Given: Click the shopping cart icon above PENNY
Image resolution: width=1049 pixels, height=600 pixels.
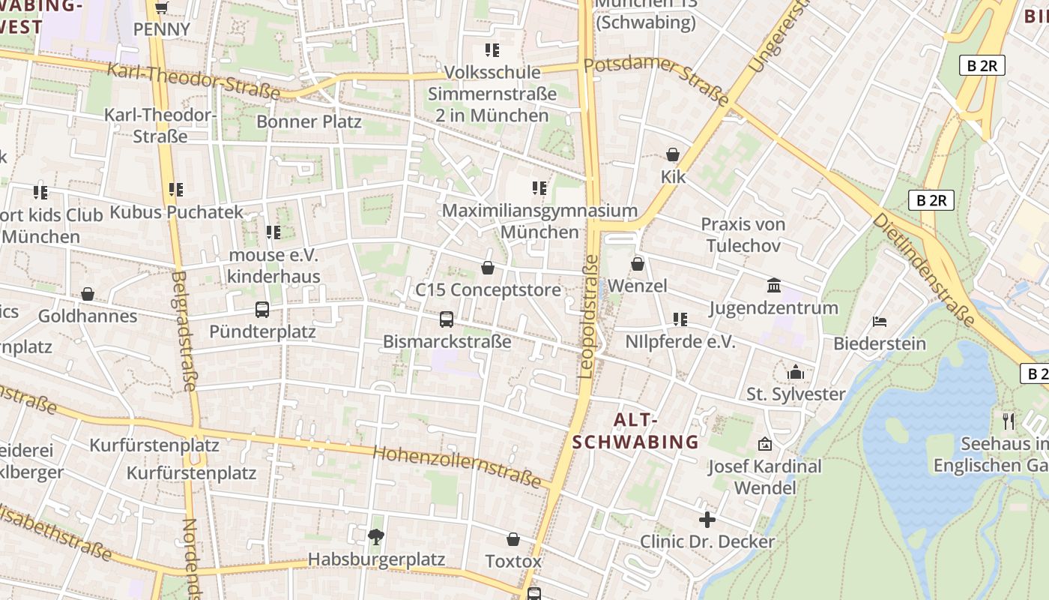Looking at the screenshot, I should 161,8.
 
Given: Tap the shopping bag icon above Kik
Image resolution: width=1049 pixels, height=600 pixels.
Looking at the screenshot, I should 673,154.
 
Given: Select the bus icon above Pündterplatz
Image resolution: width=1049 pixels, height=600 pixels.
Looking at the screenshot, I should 262,309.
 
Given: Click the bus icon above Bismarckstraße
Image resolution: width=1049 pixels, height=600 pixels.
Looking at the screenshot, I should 447,319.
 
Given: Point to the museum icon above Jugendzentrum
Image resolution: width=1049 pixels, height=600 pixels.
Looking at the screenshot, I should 774,286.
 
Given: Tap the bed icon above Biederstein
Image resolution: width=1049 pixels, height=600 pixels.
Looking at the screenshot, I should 880,322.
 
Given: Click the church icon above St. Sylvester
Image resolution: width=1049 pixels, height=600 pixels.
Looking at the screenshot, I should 795,372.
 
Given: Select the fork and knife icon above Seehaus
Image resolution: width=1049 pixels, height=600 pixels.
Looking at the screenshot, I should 1009,421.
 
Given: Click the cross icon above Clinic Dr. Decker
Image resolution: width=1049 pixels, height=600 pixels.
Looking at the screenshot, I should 707,519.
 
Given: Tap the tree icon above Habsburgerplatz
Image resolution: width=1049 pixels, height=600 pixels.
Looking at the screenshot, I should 376,536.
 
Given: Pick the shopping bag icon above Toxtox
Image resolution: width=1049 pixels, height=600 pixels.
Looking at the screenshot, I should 513,539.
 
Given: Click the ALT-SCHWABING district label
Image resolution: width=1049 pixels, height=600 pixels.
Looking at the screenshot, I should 635,431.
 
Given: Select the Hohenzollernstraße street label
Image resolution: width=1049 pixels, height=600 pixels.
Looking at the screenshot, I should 456,466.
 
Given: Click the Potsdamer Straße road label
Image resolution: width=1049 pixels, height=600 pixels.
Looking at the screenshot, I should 656,79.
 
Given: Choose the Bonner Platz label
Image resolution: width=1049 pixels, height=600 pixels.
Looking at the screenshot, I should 309,121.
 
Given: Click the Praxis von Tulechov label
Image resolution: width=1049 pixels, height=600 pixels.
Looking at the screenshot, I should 743,235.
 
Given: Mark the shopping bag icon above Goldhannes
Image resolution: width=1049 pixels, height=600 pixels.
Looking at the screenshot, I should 88,294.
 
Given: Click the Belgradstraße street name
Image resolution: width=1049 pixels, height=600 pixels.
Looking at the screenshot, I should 184,331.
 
